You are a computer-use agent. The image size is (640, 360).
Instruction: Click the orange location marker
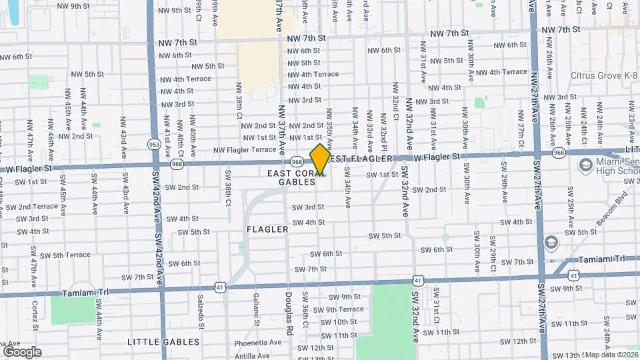click(320, 159)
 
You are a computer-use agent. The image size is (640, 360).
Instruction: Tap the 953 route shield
click(154, 144)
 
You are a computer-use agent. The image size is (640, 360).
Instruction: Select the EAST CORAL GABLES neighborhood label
click(296, 177)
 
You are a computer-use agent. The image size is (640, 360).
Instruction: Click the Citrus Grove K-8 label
click(603, 75)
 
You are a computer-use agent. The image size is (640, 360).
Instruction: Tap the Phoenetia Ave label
click(258, 343)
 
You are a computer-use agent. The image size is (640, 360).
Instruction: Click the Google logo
click(23, 351)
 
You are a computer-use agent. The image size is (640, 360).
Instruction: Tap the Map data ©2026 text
click(611, 355)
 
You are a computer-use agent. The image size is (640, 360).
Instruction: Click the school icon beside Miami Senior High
click(586, 165)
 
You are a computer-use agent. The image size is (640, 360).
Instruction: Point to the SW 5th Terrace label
click(67, 255)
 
